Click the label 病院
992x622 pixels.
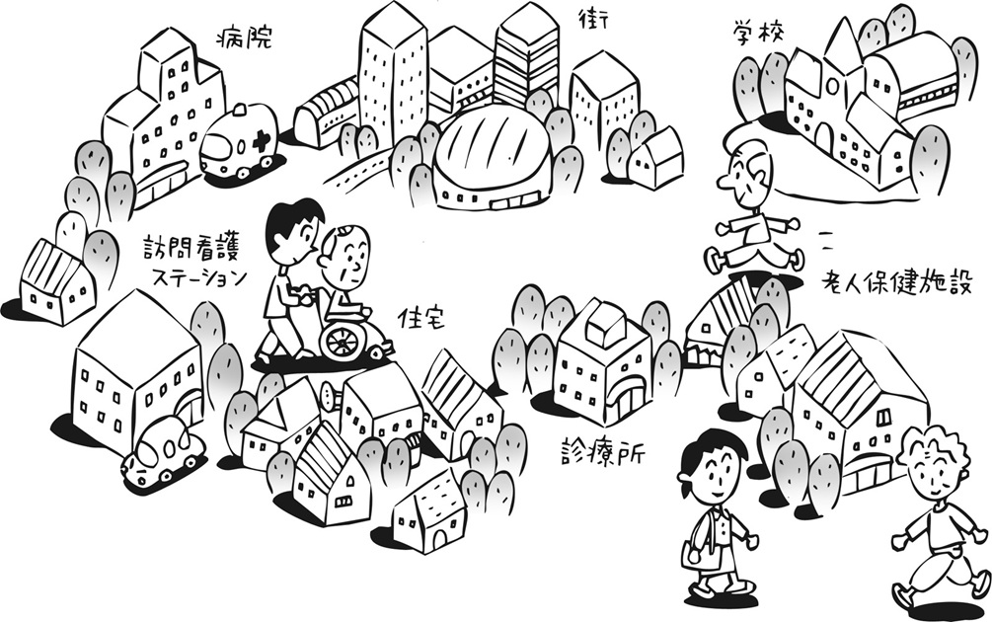pos(243,39)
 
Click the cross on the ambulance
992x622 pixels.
pos(261,141)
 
